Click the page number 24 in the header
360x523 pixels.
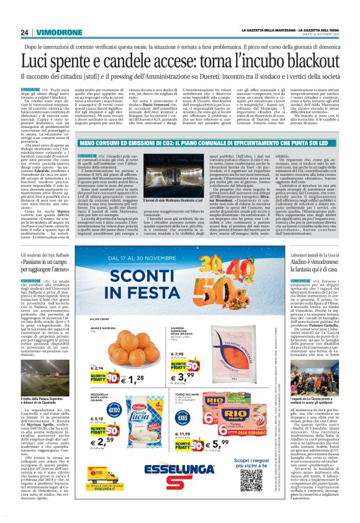pos(25,32)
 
